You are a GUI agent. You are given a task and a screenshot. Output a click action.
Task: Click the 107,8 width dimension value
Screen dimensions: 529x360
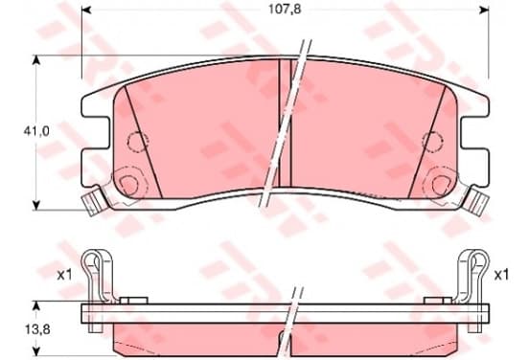(285, 10)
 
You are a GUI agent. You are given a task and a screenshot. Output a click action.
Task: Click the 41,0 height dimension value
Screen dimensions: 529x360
(36, 131)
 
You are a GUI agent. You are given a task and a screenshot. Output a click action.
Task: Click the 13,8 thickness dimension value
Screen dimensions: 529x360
(37, 329)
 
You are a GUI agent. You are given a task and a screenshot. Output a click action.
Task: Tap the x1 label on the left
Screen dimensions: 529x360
(64, 276)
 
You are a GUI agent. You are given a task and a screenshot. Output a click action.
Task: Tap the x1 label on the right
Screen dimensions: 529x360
(501, 276)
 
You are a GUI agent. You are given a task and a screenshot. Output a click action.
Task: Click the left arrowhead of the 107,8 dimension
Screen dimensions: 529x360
(86, 10)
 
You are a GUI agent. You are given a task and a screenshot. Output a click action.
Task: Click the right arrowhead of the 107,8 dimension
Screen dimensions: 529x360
(484, 10)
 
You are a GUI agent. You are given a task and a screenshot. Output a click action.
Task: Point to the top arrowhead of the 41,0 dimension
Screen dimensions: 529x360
(36, 60)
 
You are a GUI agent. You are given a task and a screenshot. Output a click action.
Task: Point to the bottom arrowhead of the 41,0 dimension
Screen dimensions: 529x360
(36, 205)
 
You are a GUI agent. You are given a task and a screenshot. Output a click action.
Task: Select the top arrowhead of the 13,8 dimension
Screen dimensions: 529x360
(36, 305)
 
